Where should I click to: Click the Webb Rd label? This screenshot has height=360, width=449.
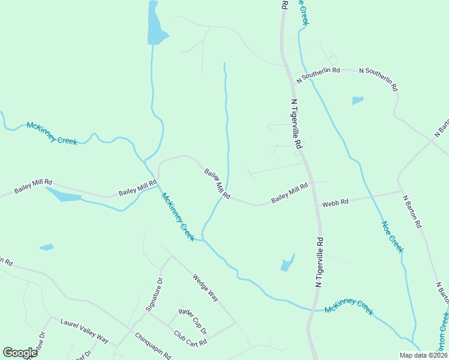[x=335, y=203]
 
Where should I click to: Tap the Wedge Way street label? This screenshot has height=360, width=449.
[x=205, y=287]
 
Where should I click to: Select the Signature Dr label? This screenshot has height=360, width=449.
[x=154, y=294]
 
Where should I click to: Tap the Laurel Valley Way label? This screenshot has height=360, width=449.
[x=84, y=331]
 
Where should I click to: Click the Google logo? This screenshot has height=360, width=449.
[x=20, y=353]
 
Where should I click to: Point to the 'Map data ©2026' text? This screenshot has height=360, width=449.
[x=423, y=355]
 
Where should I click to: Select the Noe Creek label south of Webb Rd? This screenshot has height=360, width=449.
[x=393, y=236]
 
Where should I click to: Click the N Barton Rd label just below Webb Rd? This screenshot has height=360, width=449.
[x=412, y=211]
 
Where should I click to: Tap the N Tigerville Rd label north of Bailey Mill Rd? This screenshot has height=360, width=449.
[x=295, y=124]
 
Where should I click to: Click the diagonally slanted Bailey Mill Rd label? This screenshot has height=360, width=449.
[x=217, y=184]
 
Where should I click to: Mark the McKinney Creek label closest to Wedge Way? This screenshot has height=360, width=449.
[x=178, y=217]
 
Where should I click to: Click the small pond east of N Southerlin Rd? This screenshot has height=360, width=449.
[x=358, y=100]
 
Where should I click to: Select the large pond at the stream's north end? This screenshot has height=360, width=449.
[x=155, y=24]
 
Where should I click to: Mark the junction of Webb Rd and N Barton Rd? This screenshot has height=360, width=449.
[x=401, y=191]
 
